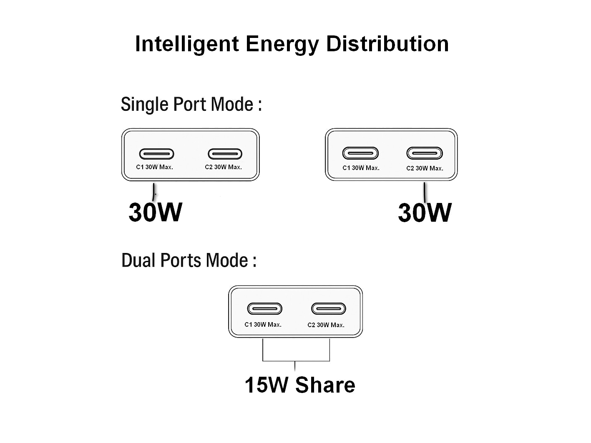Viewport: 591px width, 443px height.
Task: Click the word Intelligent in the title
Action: (x=187, y=44)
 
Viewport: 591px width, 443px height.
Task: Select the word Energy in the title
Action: (x=282, y=45)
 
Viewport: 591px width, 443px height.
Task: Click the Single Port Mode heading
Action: (x=191, y=104)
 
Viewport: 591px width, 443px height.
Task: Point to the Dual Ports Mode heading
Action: (x=189, y=260)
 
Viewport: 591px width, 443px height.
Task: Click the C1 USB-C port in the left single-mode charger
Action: (x=156, y=154)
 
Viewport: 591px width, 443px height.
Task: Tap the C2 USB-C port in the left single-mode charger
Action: (x=225, y=154)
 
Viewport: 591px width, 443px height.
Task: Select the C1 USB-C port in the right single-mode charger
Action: (x=360, y=153)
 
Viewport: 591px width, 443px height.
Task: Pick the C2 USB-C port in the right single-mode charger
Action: (x=425, y=153)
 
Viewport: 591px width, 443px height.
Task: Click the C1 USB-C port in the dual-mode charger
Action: (x=265, y=309)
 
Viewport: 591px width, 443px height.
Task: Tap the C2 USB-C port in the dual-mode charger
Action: (x=329, y=309)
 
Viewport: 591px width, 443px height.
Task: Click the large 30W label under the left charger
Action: (x=155, y=212)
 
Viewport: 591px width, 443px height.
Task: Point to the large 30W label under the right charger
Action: (x=425, y=213)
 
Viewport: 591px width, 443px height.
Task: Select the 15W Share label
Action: (x=299, y=385)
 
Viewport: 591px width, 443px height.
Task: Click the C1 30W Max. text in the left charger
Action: (x=154, y=167)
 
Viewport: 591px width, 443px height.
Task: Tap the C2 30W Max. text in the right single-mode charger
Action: (x=425, y=168)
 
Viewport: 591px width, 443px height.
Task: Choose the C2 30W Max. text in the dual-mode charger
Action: (x=326, y=325)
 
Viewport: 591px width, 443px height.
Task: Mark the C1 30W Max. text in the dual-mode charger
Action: (x=263, y=325)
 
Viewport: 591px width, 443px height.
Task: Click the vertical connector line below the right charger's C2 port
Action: (x=425, y=192)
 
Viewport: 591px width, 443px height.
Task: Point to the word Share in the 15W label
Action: (x=325, y=385)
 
